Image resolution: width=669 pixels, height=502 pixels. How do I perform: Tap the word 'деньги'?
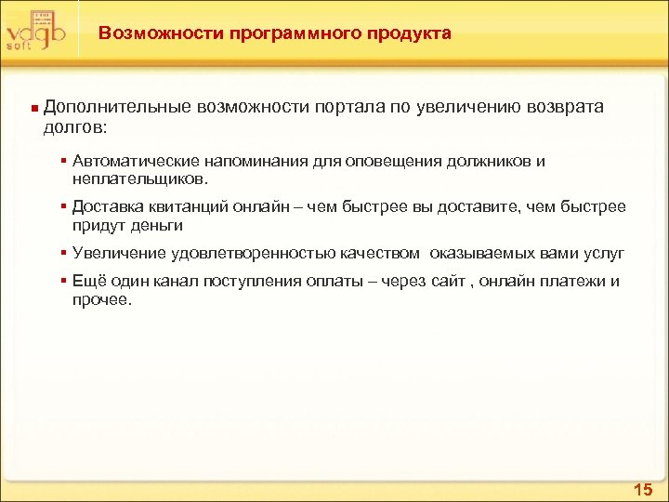[x=153, y=224]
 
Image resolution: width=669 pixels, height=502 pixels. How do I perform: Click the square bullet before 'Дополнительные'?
[x=33, y=109]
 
